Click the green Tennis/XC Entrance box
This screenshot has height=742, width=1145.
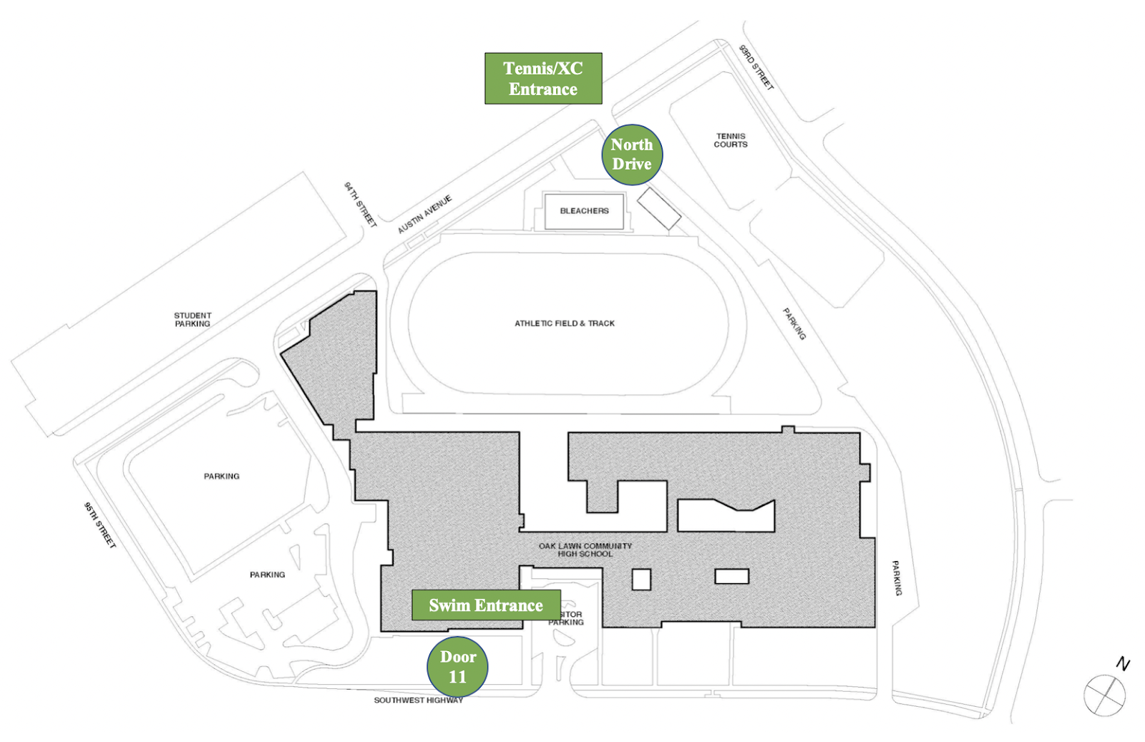[x=543, y=79]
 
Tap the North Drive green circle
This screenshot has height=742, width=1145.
[x=632, y=155]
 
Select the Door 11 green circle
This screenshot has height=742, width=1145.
[x=457, y=667]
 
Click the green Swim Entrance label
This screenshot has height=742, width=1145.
[x=486, y=605]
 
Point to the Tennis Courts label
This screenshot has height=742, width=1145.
[x=731, y=140]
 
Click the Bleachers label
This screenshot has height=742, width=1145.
[x=584, y=211]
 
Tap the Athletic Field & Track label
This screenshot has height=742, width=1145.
[x=565, y=323]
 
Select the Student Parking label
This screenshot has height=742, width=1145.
[x=193, y=319]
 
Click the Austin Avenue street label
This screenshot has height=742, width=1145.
[x=425, y=214]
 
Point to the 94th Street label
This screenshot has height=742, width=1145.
[x=360, y=205]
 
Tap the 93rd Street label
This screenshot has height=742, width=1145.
[x=756, y=67]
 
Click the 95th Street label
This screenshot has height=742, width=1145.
[x=99, y=525]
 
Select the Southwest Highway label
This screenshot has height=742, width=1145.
[x=419, y=700]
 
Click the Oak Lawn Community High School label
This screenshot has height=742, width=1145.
[x=585, y=550]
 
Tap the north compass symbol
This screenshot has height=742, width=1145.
[x=1106, y=694]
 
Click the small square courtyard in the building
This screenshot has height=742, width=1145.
[x=641, y=580]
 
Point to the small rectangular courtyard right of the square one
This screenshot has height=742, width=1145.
[x=731, y=576]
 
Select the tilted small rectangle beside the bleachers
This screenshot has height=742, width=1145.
[x=659, y=208]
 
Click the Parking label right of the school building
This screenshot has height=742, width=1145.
[x=897, y=577]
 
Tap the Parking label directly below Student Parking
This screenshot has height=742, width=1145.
[x=222, y=477]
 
